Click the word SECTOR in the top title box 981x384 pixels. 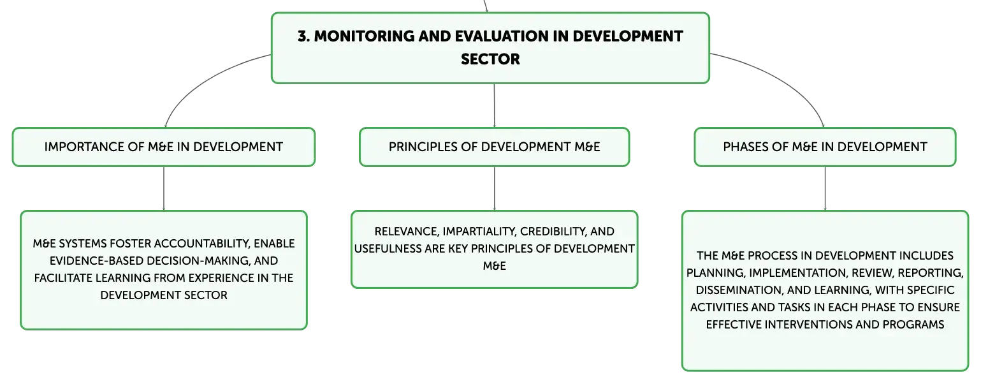point(490,59)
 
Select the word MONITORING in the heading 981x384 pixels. point(365,36)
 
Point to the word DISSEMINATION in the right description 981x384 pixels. point(739,290)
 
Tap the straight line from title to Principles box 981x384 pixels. point(495,105)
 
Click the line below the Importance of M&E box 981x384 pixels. point(164,189)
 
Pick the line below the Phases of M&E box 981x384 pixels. point(825,189)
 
